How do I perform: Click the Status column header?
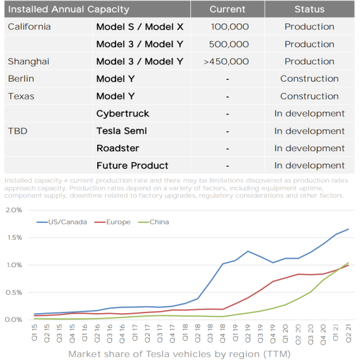point(309,9)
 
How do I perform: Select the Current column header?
point(227,9)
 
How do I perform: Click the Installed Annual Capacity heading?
point(68,9)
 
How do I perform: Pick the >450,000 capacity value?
point(226,61)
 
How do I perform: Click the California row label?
point(29,27)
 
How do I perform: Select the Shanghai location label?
point(29,61)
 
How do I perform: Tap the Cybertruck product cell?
point(122,114)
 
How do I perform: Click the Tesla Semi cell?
point(121,131)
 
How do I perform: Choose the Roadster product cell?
point(117,148)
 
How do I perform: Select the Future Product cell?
point(132,165)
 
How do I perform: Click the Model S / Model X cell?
point(140,27)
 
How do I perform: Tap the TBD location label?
point(18,131)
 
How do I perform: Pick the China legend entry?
point(158,222)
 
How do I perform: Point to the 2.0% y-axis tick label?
point(14,210)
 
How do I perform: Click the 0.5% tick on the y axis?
point(14,292)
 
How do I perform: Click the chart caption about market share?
point(179,354)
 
